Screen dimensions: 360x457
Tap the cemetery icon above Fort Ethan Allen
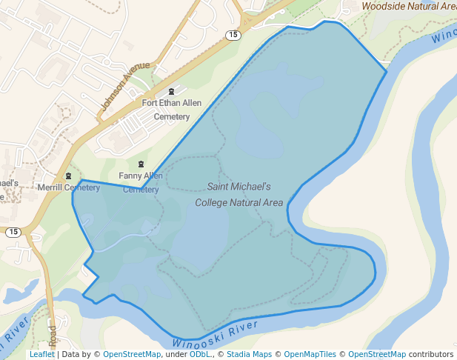[x=171, y=92]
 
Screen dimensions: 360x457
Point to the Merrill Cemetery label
[x=69, y=187]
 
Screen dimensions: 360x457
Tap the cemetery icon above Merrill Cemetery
[x=69, y=176]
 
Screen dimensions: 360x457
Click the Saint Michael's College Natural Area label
[x=239, y=194]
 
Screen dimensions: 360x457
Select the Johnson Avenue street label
[x=125, y=90]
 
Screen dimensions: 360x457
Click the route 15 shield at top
[x=233, y=35]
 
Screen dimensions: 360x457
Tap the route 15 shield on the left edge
[x=13, y=232]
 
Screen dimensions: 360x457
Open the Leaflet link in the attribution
[x=41, y=354]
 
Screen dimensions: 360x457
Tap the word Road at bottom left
[x=52, y=336]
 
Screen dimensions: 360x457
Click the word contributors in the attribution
[x=430, y=354]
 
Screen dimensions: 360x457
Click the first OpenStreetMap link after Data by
[x=131, y=354]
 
